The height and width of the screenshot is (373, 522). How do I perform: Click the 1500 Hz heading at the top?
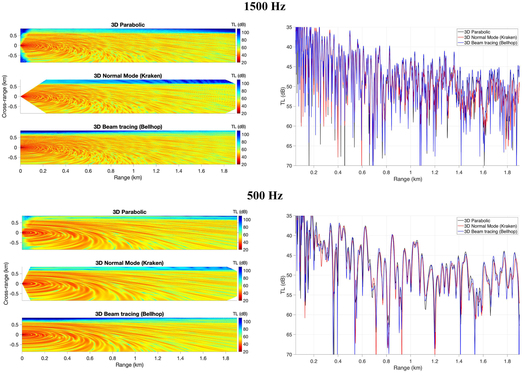click(x=265, y=6)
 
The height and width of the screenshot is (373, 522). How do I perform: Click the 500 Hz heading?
click(x=265, y=195)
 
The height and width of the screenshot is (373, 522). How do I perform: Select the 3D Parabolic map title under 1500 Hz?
click(x=128, y=25)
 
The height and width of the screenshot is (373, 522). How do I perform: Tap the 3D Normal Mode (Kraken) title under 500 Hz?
click(x=129, y=263)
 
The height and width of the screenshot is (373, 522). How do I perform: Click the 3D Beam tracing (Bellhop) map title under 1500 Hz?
click(x=128, y=127)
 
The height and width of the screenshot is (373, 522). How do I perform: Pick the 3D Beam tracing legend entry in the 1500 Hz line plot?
click(x=490, y=43)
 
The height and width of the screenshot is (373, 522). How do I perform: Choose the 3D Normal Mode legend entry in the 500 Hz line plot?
click(x=490, y=226)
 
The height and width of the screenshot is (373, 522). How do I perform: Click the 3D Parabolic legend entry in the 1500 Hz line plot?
click(x=477, y=32)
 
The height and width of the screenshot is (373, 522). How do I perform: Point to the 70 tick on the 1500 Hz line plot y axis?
click(x=289, y=166)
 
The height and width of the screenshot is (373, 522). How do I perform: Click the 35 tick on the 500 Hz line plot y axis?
click(x=289, y=216)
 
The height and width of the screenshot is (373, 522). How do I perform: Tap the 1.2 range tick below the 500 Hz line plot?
click(x=435, y=361)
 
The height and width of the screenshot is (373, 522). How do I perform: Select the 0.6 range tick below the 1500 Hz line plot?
click(x=362, y=173)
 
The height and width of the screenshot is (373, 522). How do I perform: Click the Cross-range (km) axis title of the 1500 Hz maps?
click(x=4, y=96)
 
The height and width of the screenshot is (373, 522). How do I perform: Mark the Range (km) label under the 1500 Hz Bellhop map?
click(x=128, y=178)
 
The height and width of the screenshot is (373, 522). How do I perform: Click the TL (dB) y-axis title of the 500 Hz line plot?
click(x=283, y=285)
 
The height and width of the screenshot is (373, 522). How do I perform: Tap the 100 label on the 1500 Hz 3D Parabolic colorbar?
click(x=245, y=33)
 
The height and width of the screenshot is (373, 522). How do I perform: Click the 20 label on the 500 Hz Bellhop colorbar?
click(x=245, y=352)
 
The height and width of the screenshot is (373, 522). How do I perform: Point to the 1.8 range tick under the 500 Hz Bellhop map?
click(x=226, y=358)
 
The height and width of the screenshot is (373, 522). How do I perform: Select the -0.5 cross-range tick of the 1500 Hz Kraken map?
click(x=13, y=107)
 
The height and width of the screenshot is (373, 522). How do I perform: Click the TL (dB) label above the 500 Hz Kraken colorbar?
click(x=240, y=263)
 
